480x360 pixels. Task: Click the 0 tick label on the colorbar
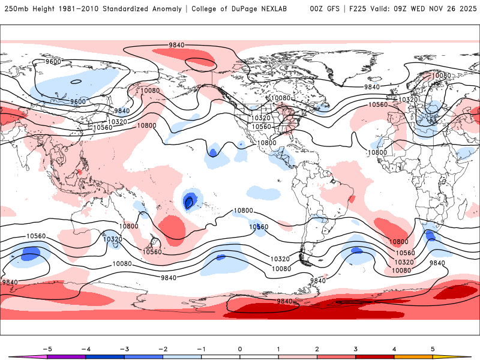point(239,349)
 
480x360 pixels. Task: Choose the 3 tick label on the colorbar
point(355,349)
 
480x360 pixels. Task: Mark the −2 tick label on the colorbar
point(163,349)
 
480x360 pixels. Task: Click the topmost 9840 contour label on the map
point(176,45)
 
